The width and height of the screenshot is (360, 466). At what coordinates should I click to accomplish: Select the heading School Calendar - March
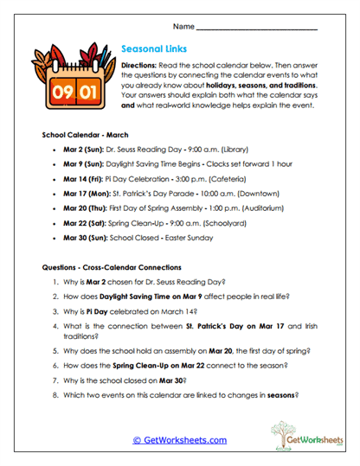tap(85, 136)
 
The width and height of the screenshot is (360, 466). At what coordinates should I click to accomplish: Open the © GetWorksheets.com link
tap(179, 440)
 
